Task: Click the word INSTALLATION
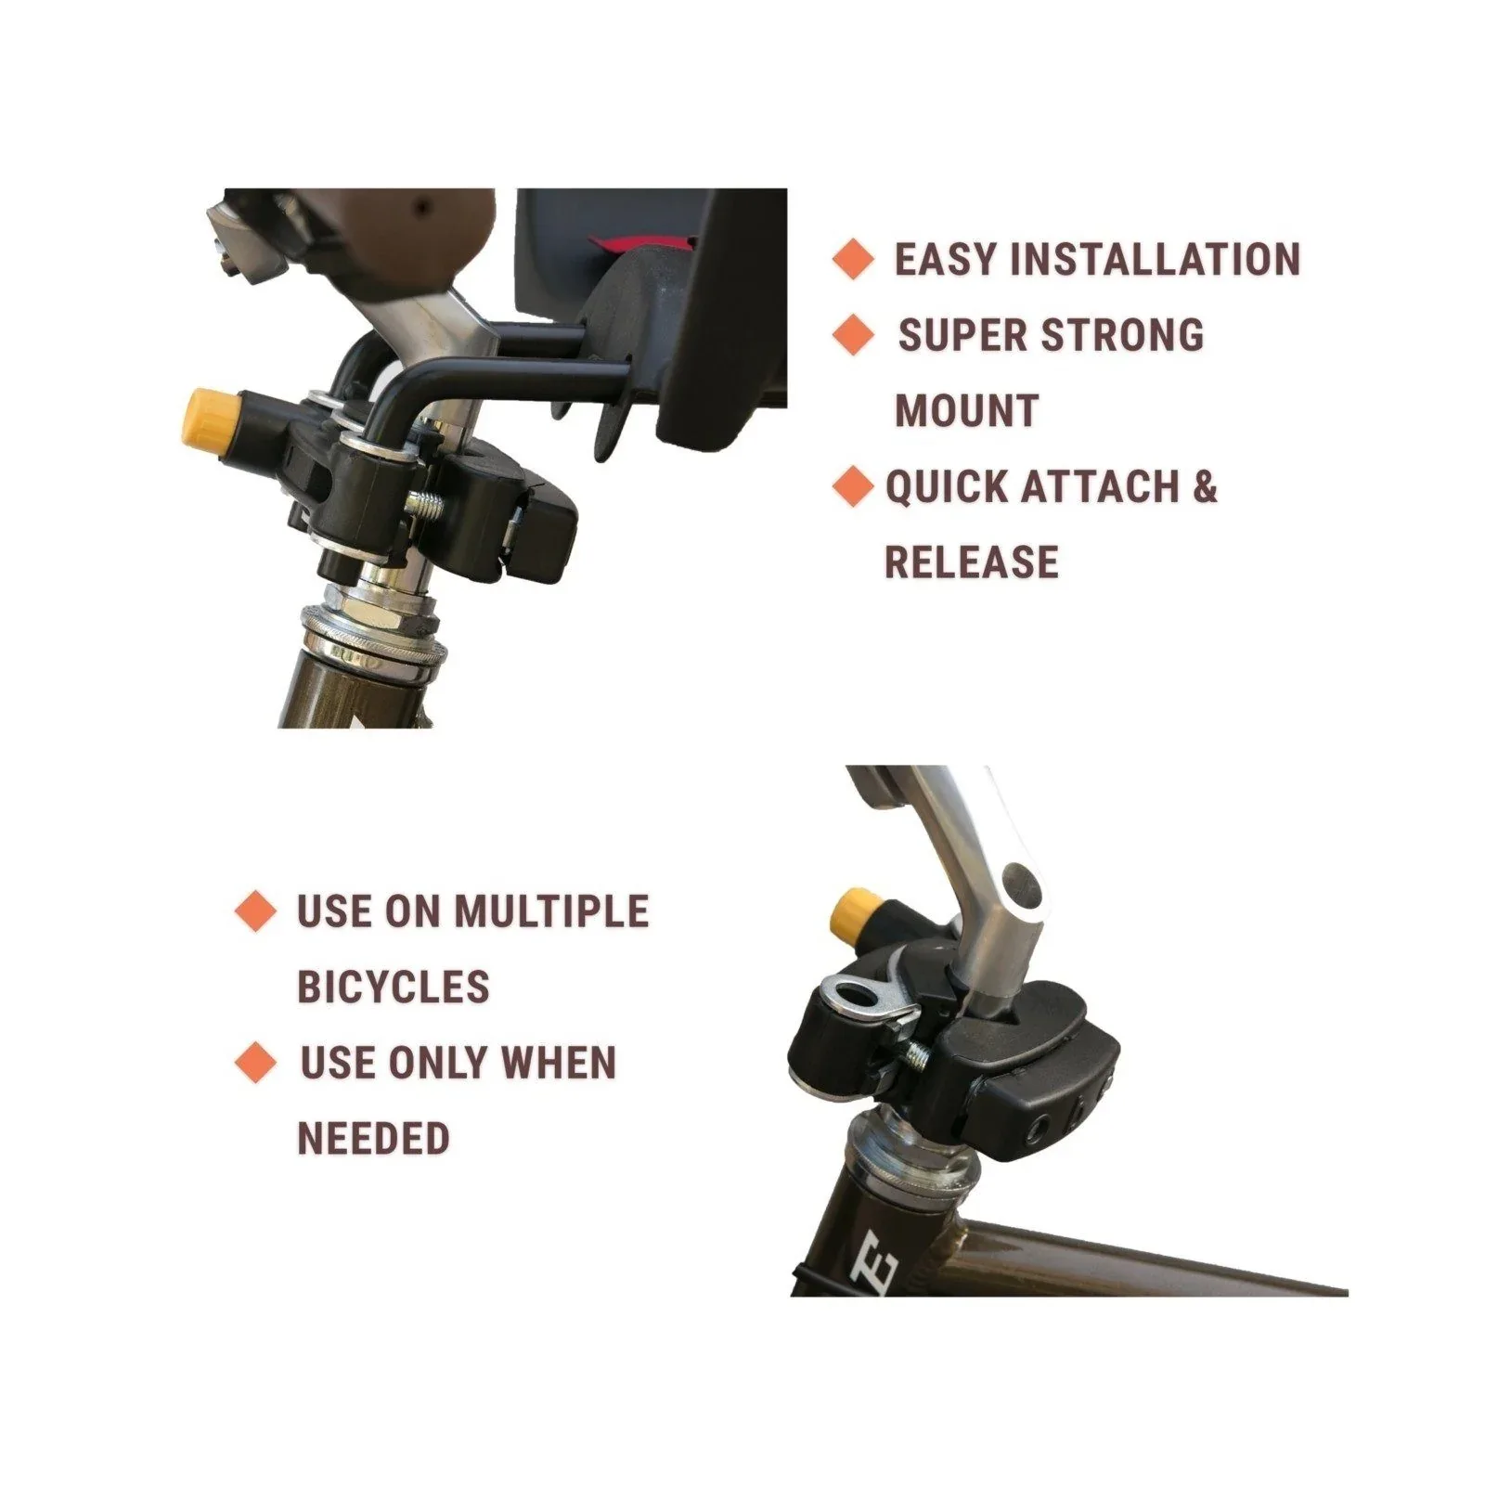point(1155,259)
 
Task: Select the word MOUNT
point(966,411)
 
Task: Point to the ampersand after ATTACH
point(1204,486)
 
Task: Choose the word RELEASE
point(972,562)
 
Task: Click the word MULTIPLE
point(550,911)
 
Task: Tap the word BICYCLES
point(393,987)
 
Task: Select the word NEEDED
point(373,1138)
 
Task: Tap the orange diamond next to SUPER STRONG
point(853,334)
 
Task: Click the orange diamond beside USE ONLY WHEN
point(255,1062)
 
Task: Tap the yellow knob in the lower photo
point(855,913)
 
